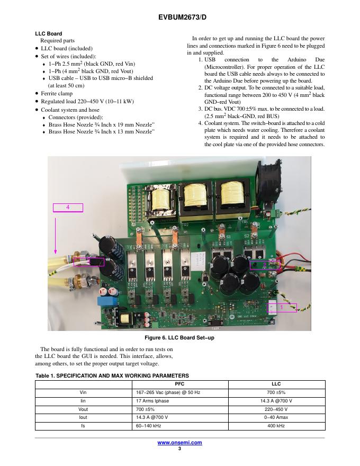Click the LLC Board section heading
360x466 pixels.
point(48,34)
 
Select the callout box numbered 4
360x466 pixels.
point(68,207)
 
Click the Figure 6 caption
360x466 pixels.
point(179,338)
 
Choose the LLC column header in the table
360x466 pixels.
point(276,384)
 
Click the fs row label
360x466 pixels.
point(83,426)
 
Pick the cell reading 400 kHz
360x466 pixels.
point(276,426)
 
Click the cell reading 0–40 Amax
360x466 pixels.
point(276,417)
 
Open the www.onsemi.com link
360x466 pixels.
point(179,443)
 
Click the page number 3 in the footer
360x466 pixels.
point(179,449)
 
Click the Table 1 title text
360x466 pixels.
point(112,375)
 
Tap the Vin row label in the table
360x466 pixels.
point(83,392)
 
